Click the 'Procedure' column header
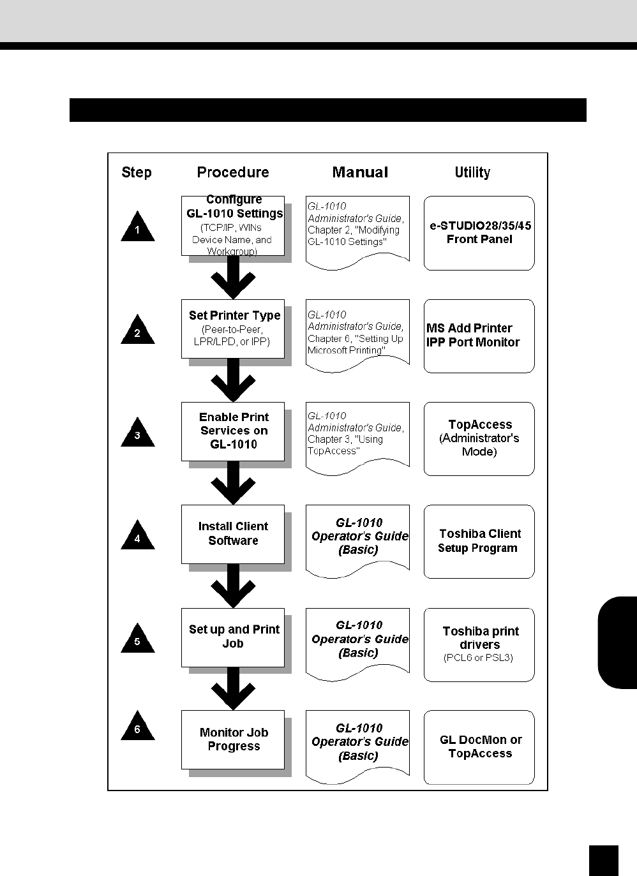point(233,172)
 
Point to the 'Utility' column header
point(472,172)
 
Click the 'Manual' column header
point(360,172)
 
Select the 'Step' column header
point(137,172)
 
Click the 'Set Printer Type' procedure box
point(233,329)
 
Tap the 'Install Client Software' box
point(233,534)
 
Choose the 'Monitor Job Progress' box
point(233,739)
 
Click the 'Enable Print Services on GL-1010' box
point(233,431)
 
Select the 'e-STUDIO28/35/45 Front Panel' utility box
point(479,233)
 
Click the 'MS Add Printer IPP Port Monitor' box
point(479,336)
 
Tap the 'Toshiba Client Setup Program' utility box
point(479,541)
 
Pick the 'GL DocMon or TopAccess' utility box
point(479,746)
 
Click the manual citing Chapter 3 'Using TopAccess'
point(357,436)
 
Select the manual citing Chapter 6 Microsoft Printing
point(357,334)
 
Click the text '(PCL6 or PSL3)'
point(478,658)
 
